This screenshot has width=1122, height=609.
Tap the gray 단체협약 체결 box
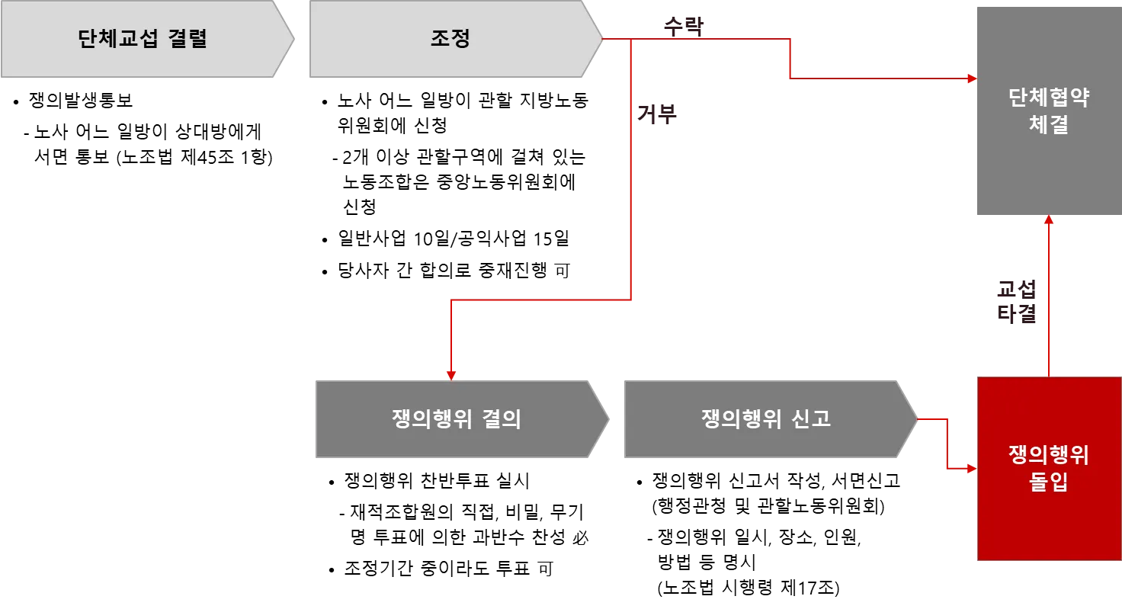pyautogui.click(x=1048, y=113)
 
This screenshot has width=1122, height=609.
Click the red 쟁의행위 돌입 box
pyautogui.click(x=1048, y=468)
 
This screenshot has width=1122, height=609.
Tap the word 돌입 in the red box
pyautogui.click(x=1048, y=482)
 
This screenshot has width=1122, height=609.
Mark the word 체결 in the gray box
pyautogui.click(x=1048, y=125)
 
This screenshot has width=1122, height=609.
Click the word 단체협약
pyautogui.click(x=1048, y=98)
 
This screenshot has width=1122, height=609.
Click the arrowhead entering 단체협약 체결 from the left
pyautogui.click(x=971, y=78)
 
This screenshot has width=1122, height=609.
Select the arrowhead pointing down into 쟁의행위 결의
pyautogui.click(x=451, y=374)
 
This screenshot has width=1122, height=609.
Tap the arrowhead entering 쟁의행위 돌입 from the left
pyautogui.click(x=971, y=469)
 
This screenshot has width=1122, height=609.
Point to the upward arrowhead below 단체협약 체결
pyautogui.click(x=1049, y=220)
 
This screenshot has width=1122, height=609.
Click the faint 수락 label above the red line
pyautogui.click(x=683, y=24)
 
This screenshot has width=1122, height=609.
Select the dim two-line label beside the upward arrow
pyautogui.click(x=1016, y=302)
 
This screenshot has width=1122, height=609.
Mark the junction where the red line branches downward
pyautogui.click(x=632, y=39)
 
